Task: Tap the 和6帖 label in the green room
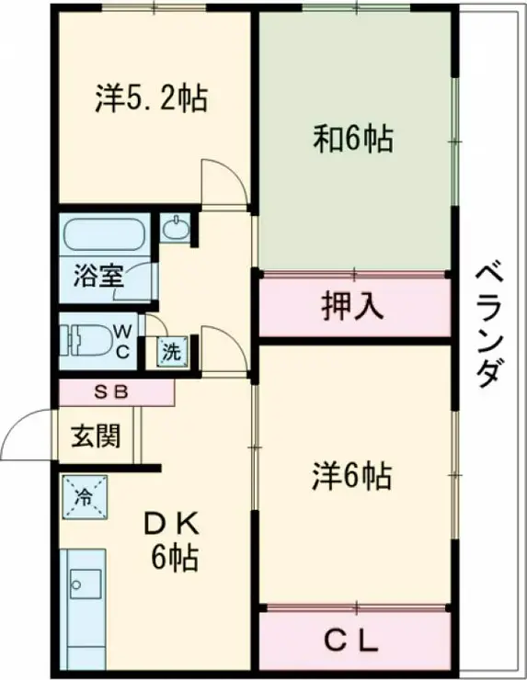[x=354, y=140]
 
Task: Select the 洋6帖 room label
[x=353, y=476]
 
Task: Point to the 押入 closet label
[x=352, y=307]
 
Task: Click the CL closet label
[x=353, y=641]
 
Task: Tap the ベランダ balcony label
[x=490, y=325]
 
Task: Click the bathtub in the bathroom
[x=105, y=236]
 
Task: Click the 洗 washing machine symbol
[x=172, y=351]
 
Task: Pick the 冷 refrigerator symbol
[x=84, y=499]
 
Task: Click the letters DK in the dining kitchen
[x=171, y=525]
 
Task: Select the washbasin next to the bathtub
[x=173, y=227]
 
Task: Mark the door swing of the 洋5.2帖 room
[x=223, y=181]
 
